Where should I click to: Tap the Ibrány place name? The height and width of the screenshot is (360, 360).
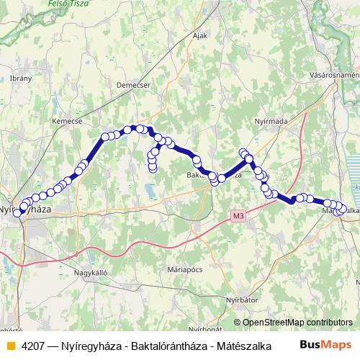coord(21,78)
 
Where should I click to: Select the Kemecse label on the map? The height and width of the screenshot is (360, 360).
coord(66,122)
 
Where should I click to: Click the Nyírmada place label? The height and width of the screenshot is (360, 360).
coord(272,121)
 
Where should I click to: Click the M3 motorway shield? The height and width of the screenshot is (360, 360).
coord(238,215)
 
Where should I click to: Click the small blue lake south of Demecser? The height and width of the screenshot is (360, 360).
coord(149,192)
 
